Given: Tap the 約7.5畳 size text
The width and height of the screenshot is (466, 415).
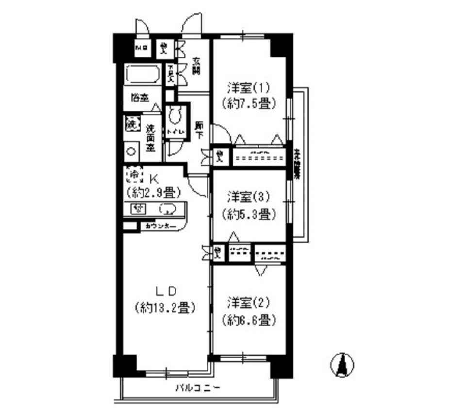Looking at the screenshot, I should pos(249,104).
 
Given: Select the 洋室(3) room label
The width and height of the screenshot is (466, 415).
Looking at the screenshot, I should pos(250,198).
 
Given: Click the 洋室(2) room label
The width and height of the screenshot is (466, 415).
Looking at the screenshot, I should pos(250,305).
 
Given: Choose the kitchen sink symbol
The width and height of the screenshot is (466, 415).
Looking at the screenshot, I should pos(167,210).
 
